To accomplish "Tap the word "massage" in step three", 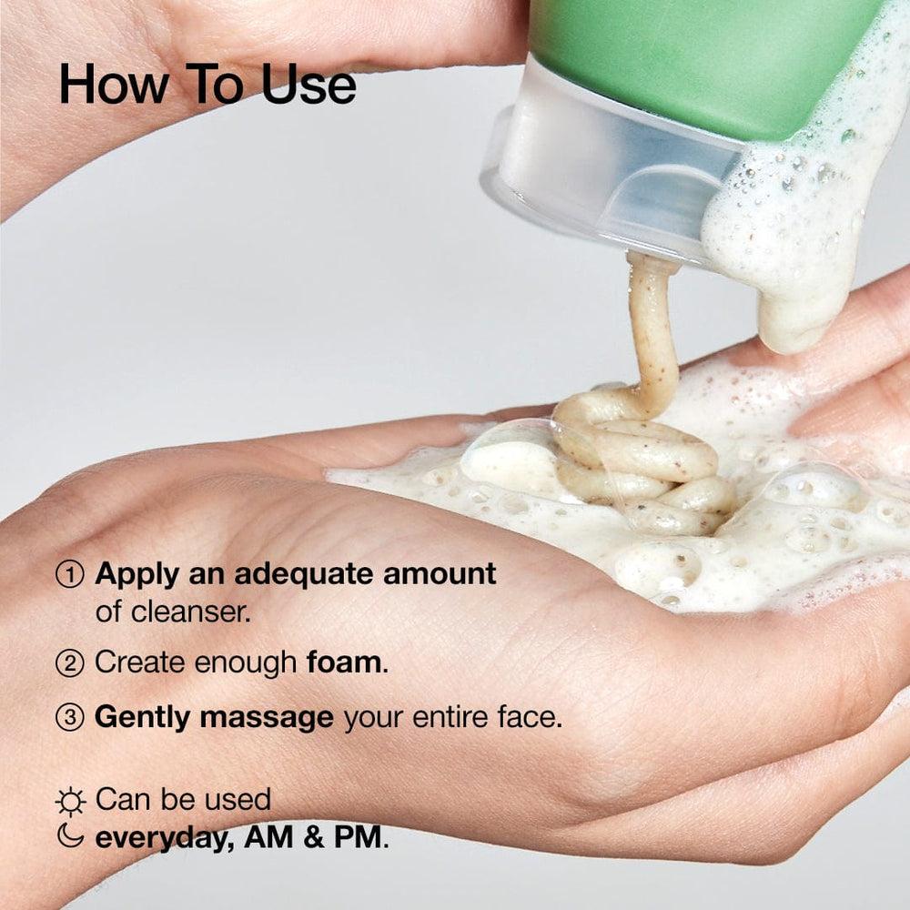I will (x=267, y=717).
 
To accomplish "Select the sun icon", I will (x=70, y=801).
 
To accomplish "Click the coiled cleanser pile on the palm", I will (x=637, y=464).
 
